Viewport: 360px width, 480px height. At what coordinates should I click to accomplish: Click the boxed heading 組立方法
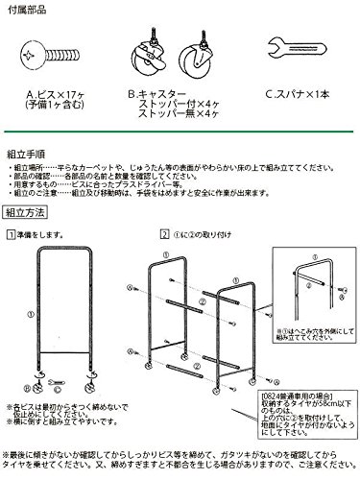(28, 218)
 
